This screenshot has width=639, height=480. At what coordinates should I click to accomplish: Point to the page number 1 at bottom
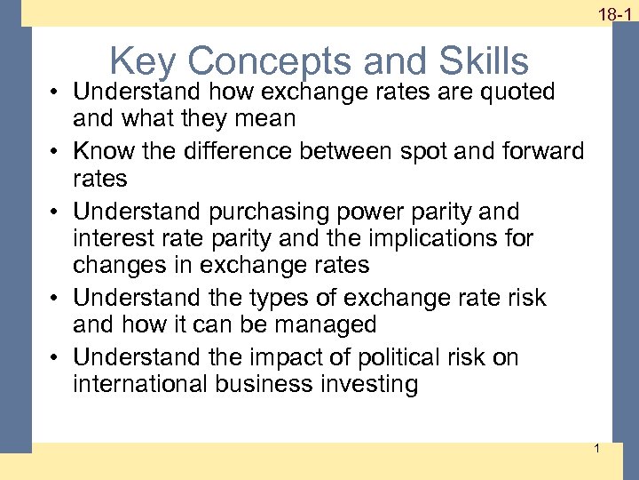(x=596, y=448)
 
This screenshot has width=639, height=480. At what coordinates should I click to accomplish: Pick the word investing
(x=364, y=385)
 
